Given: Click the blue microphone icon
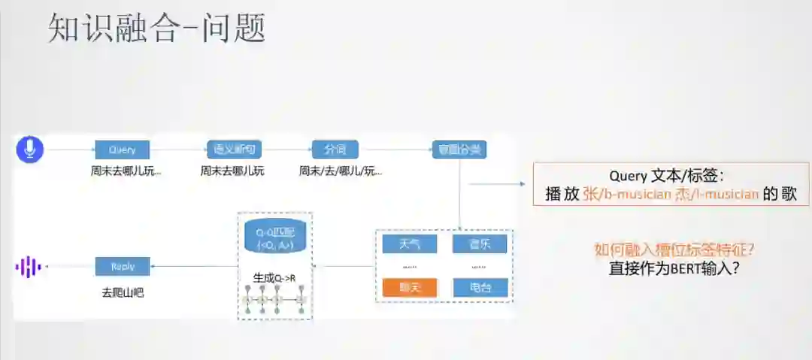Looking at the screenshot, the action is click(x=30, y=150).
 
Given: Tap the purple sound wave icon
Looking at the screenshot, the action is click(x=29, y=267).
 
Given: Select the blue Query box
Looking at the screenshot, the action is click(x=122, y=150).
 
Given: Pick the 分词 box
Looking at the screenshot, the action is click(x=335, y=150).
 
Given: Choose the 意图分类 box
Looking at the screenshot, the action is click(x=459, y=150).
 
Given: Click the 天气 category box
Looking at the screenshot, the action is click(x=410, y=244).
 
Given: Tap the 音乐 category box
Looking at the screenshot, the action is click(x=480, y=244).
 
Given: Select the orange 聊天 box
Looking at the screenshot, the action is click(x=410, y=287).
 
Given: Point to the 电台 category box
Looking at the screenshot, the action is click(x=480, y=287).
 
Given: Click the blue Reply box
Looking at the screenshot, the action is click(x=122, y=266).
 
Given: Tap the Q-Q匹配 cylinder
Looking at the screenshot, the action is click(x=274, y=236).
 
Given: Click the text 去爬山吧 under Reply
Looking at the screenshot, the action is click(x=122, y=292).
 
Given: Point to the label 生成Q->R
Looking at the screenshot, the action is click(x=274, y=277).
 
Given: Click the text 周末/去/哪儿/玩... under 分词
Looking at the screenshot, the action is click(x=340, y=171).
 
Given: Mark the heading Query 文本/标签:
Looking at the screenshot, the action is click(x=666, y=176).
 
